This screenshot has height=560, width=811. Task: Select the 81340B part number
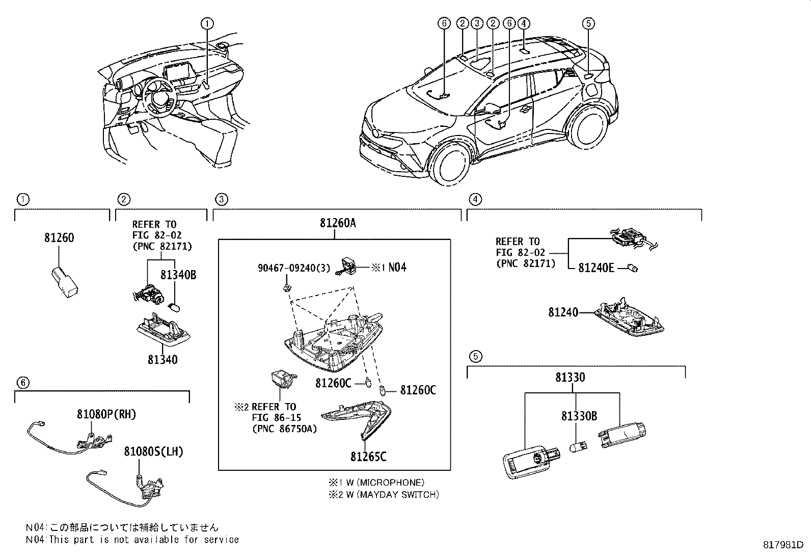point(178,275)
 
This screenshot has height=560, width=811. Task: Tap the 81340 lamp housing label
point(163,360)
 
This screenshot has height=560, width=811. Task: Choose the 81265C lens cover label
point(368,457)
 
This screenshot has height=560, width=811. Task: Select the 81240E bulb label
point(596,268)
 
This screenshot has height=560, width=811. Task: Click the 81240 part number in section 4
point(563,312)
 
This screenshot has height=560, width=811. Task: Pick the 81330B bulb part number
point(579,416)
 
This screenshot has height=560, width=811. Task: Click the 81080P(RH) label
point(106,414)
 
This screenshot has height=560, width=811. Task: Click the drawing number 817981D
point(786,545)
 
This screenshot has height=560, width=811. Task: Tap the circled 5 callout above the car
point(588,23)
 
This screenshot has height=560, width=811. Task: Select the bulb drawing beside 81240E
point(633,268)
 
